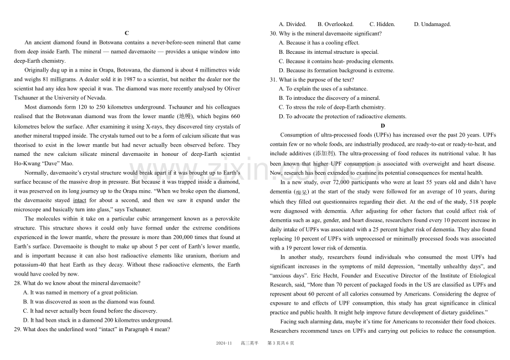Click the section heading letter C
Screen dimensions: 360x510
[x=127, y=33]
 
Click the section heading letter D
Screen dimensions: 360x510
[x=383, y=126]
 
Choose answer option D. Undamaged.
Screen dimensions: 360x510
[x=432, y=24]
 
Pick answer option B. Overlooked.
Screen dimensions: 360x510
[x=335, y=24]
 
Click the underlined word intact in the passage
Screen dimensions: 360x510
[x=80, y=200]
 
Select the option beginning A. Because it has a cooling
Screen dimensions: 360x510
[x=319, y=43]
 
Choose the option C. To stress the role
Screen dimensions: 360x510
[x=331, y=108]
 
